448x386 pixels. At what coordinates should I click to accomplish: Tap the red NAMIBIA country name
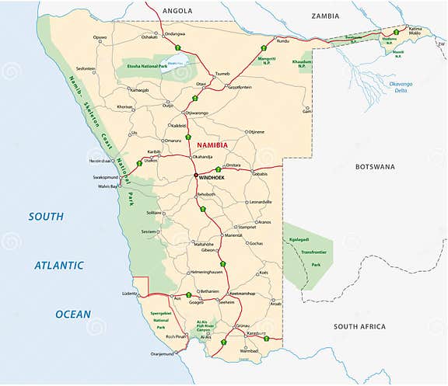212,145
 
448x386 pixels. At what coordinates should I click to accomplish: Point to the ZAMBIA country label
325,16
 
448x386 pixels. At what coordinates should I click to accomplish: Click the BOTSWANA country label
375,167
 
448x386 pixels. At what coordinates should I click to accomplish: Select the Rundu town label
283,40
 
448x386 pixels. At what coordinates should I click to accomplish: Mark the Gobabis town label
259,175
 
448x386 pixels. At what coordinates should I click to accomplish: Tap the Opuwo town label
100,37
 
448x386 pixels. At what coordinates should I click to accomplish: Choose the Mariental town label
233,235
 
